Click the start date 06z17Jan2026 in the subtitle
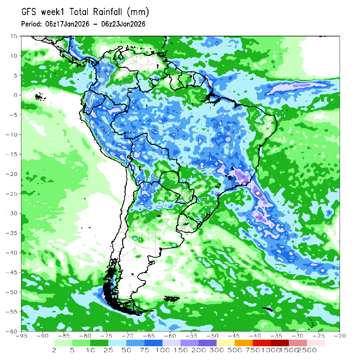coord(67,24)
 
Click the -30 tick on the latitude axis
coord(12,213)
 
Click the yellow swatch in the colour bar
coord(226,343)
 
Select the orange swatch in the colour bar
coord(244,343)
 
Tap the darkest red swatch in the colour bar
coord(280,343)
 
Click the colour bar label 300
coord(217,350)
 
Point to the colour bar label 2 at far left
coord(54,350)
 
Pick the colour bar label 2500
coord(307,350)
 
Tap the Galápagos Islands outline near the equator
coord(39,97)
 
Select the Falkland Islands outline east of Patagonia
coord(172,299)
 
